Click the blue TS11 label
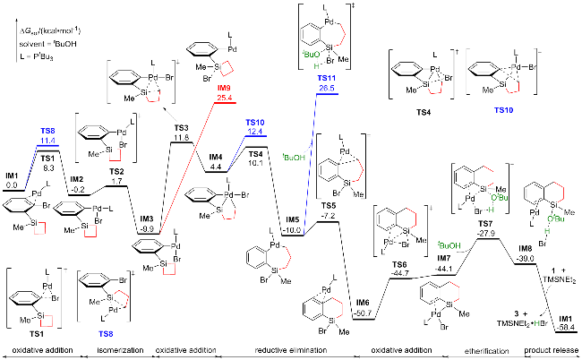pos(326,80)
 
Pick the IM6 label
pos(363,304)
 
